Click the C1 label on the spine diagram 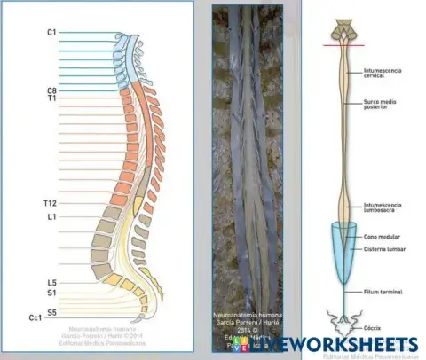pos(52,33)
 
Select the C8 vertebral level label pos(52,90)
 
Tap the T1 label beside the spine pos(52,98)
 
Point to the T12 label pos(51,203)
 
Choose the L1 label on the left pos(52,215)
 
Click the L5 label pos(52,282)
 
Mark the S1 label pos(52,292)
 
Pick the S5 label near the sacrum pos(52,311)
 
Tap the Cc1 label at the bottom pos(36,317)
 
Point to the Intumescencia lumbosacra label pos(384,208)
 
